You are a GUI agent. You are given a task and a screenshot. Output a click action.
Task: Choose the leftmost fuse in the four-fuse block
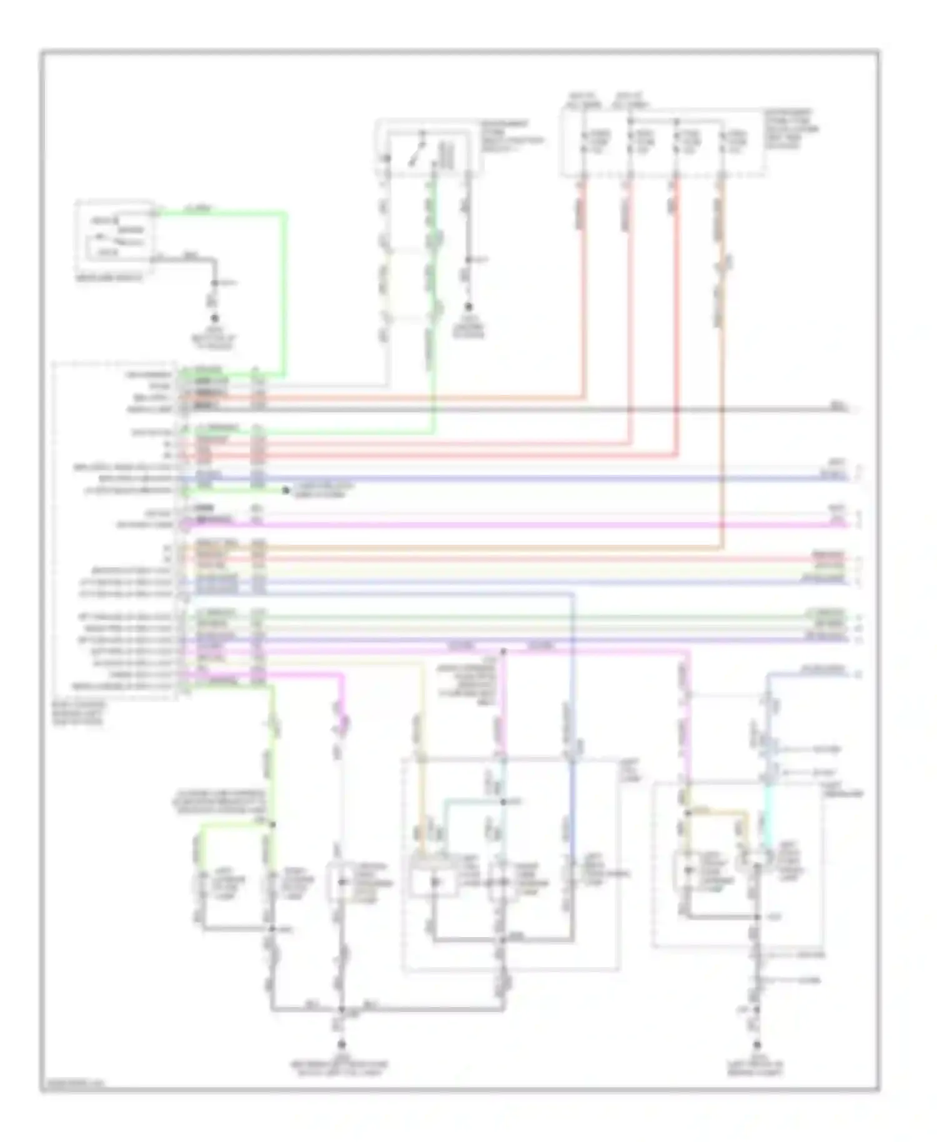click(585, 142)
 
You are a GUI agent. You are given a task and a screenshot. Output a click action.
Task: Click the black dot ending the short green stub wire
click(285, 491)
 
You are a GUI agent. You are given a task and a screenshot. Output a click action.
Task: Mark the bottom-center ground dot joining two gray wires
click(342, 1044)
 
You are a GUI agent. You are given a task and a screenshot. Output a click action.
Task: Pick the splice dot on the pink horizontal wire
click(503, 651)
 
